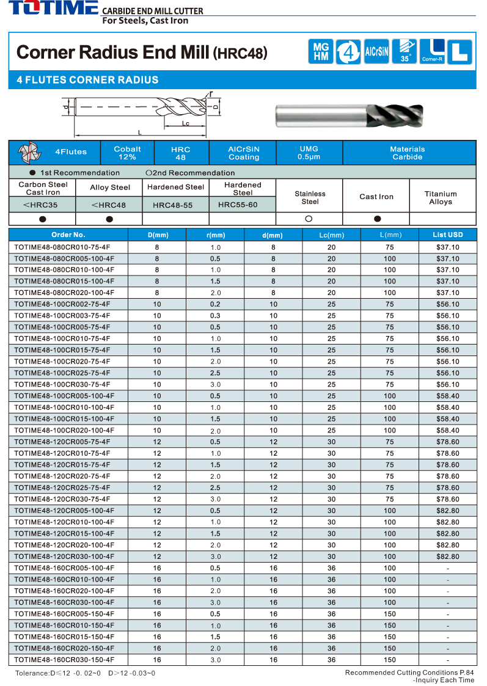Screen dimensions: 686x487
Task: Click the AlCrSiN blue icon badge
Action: [x=376, y=51]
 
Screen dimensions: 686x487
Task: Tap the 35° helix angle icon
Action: [x=405, y=51]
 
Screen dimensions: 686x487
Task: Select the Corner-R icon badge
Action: [x=433, y=51]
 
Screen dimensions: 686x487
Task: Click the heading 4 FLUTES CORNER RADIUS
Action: [x=87, y=80]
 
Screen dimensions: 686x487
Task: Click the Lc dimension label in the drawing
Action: [x=186, y=123]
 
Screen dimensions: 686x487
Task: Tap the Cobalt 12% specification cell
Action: [x=127, y=153]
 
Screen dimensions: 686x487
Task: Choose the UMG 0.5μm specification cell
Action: [x=309, y=153]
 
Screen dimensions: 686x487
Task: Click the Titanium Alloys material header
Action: [x=441, y=197]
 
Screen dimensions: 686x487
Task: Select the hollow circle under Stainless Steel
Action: [x=309, y=219]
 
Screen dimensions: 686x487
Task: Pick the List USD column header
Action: [x=447, y=235]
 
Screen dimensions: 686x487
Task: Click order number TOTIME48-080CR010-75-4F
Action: [x=62, y=247]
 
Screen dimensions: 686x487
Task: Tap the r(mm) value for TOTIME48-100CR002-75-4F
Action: [x=215, y=304]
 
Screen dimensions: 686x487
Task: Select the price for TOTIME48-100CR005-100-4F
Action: [x=447, y=396]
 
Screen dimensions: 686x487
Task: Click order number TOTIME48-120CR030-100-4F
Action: [x=64, y=556]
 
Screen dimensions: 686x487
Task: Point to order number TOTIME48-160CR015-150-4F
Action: [x=64, y=637]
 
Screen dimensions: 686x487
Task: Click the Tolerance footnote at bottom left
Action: [x=85, y=673]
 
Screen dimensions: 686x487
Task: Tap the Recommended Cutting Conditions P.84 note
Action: [x=409, y=673]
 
